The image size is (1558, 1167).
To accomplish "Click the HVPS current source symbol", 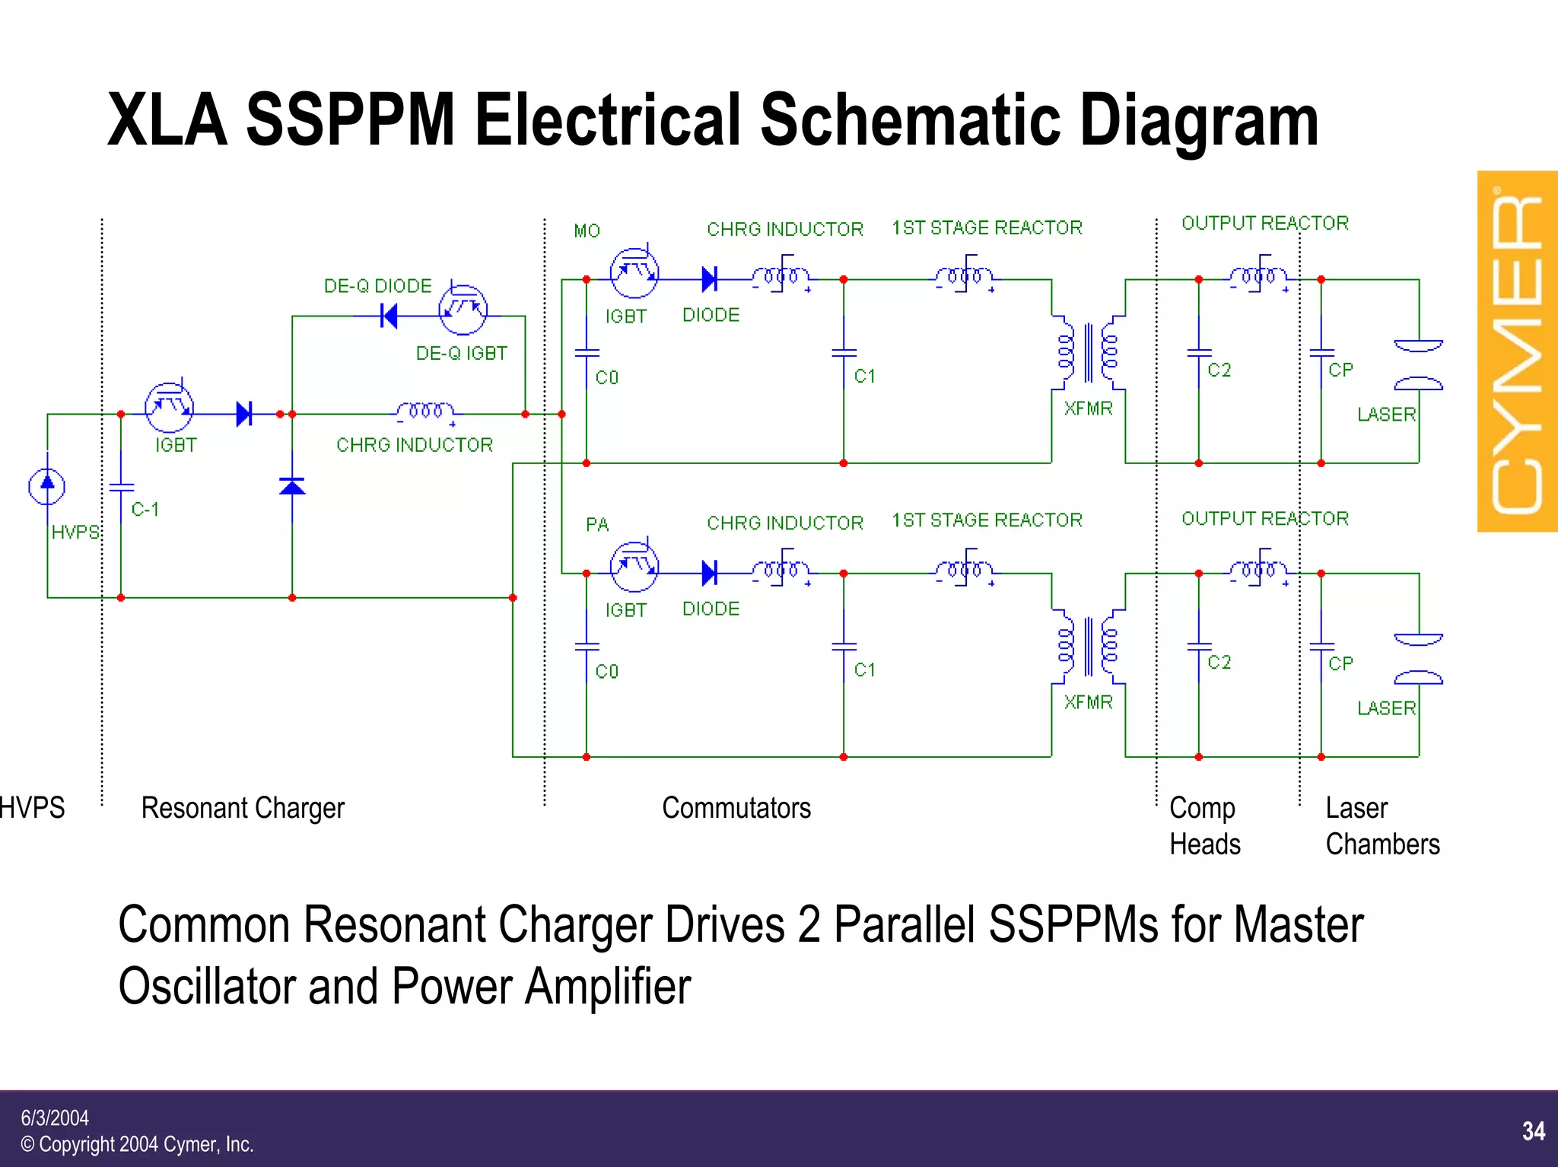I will [x=47, y=486].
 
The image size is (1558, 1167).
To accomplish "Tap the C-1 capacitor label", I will [x=145, y=509].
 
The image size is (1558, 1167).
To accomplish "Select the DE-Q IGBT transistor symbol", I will [x=463, y=310].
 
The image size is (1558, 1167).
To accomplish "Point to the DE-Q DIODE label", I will [x=377, y=286].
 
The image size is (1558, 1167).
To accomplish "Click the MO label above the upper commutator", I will [x=587, y=231].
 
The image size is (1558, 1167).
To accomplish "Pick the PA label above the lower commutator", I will [x=597, y=524].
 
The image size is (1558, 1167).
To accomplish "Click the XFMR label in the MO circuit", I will [x=1088, y=409].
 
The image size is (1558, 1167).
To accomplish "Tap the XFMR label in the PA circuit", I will [x=1088, y=702].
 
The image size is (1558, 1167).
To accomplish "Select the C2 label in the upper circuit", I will [x=1219, y=370].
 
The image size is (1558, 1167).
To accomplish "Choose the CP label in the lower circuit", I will [x=1340, y=663].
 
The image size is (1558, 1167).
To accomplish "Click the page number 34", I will [x=1533, y=1130].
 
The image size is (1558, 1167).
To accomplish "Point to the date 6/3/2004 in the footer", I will [x=55, y=1118].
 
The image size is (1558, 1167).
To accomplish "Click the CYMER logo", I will [x=1517, y=351].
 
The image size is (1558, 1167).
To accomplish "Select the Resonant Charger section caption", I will [x=243, y=808].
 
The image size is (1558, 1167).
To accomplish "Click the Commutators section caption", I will [x=736, y=808].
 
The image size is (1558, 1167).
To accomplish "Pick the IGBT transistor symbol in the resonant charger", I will [x=169, y=408].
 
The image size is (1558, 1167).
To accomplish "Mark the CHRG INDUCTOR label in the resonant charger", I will [x=415, y=445].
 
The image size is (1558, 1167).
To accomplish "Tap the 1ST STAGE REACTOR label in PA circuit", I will [x=987, y=520].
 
